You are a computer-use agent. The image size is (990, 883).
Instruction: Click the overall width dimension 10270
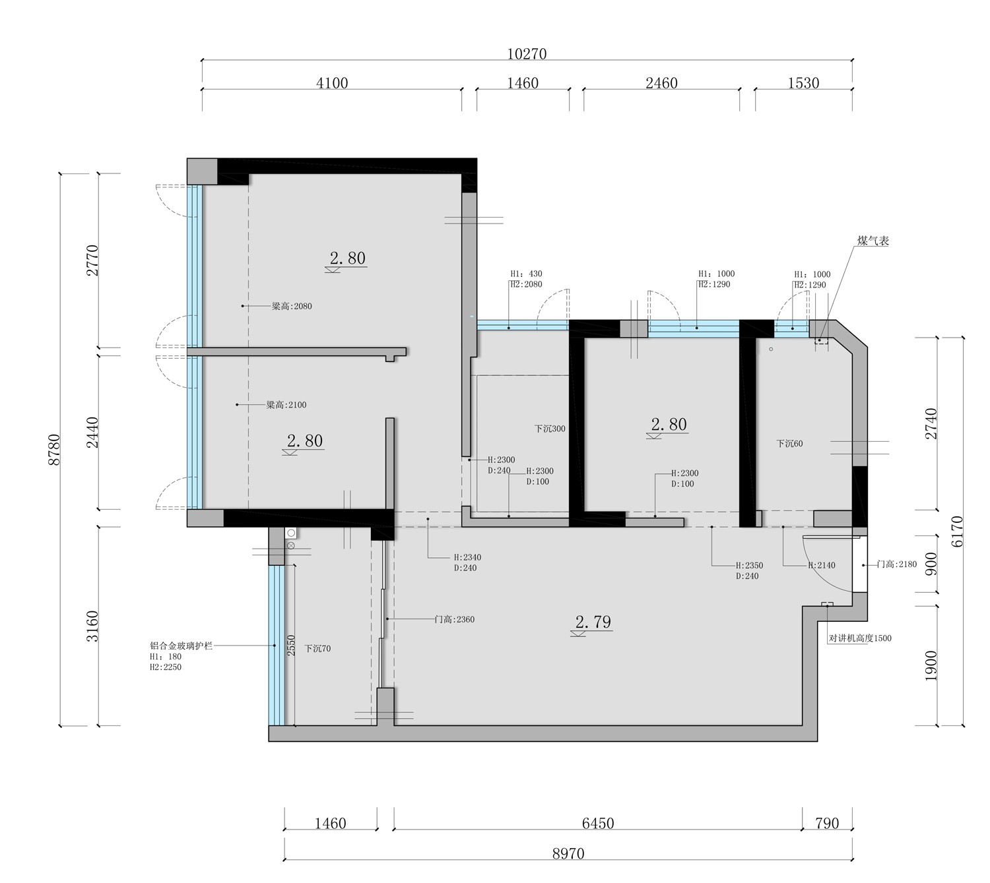526,53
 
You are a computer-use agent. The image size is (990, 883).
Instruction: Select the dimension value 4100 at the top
332,83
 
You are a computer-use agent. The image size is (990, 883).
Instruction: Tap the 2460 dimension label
661,83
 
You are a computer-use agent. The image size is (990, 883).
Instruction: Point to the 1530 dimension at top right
803,83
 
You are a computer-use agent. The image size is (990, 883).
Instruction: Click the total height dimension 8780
53,449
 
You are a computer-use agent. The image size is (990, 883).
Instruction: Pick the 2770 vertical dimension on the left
92,260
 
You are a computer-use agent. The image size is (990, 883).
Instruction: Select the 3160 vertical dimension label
92,626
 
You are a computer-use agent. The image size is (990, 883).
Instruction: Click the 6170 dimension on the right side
957,532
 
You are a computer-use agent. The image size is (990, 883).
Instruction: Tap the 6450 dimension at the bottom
597,824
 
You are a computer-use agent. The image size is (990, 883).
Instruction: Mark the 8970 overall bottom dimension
568,853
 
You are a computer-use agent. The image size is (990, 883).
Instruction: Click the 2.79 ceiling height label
593,622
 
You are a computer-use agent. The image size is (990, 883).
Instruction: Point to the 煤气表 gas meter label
873,241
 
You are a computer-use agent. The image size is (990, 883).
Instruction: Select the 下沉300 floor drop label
550,429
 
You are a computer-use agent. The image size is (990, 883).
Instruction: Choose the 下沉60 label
789,443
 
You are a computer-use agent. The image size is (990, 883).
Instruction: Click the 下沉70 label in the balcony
317,649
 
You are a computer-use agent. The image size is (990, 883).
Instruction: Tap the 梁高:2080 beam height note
292,306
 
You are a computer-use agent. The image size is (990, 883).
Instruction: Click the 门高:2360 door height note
455,619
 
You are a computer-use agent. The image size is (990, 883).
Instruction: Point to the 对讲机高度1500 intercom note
860,638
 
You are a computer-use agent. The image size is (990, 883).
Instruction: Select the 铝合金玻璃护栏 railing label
181,646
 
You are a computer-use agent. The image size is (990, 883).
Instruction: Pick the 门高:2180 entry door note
897,564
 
